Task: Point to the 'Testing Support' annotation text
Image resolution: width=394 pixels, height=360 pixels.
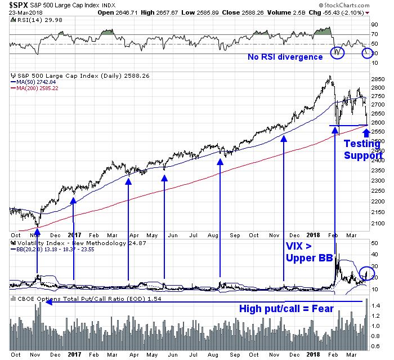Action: point(362,149)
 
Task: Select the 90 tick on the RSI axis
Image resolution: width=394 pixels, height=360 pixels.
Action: point(373,25)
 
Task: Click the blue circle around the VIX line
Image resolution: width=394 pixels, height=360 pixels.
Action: point(365,273)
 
